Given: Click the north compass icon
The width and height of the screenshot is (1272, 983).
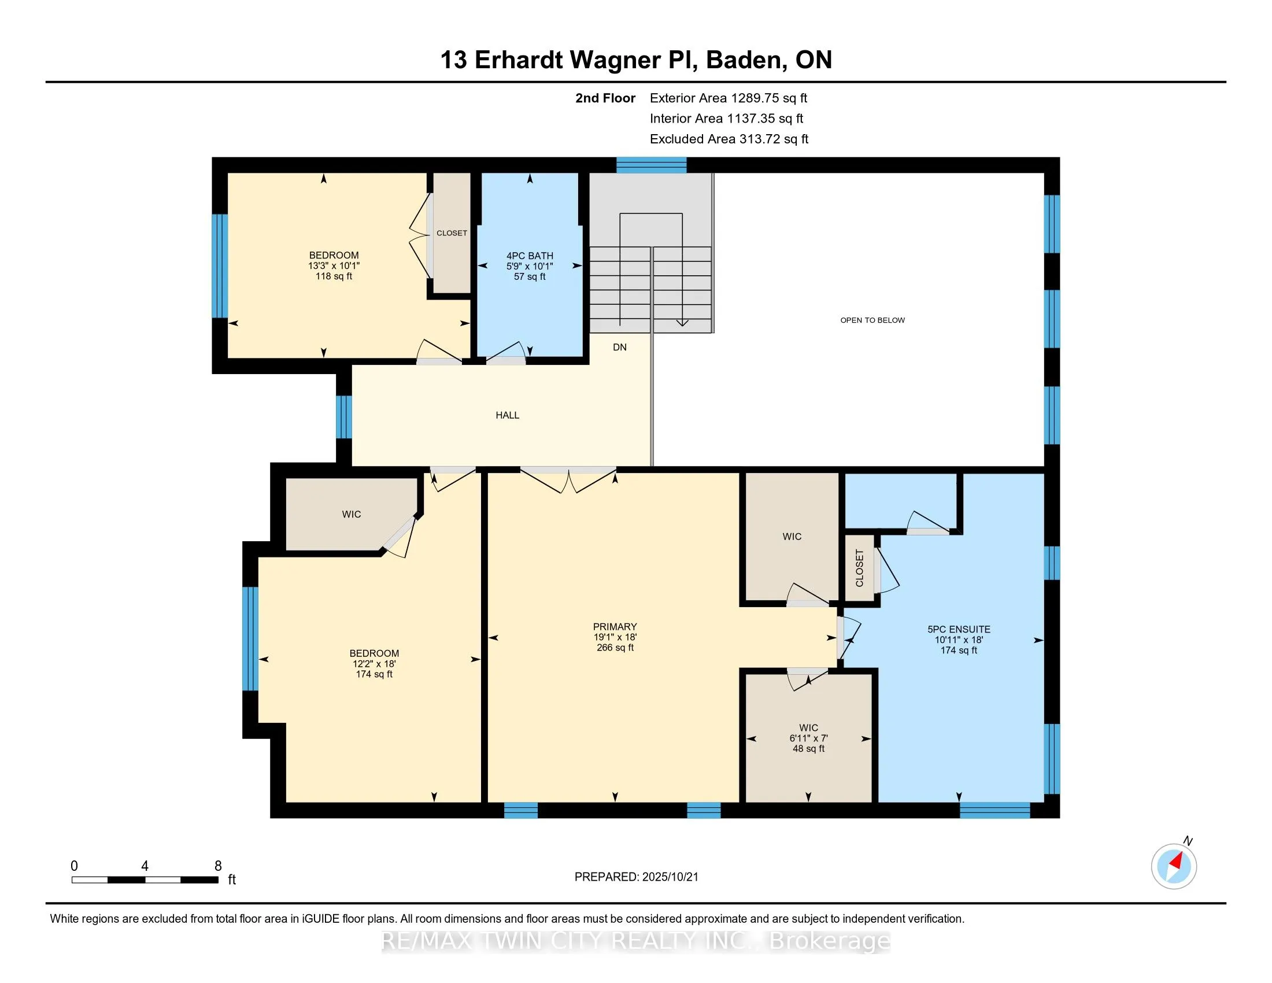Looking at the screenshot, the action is point(1174,866).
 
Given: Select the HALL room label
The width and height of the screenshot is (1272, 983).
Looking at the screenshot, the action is point(507,415).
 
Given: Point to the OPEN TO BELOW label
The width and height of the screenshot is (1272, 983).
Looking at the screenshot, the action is point(872,320).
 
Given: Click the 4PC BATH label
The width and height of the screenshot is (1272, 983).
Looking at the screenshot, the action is point(530,256).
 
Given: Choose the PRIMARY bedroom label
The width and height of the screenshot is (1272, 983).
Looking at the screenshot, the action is point(615,627).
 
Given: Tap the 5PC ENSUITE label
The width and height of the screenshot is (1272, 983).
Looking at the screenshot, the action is point(959,629).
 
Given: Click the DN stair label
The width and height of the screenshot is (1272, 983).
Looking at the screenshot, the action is point(620,347).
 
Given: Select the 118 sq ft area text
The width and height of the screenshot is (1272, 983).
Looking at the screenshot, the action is point(334,276).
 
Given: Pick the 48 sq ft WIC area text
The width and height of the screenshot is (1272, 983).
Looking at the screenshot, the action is point(808,748).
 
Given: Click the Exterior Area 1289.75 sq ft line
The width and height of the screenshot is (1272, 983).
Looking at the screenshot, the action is point(729,98).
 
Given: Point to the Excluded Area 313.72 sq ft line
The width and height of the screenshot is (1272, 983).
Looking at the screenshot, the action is point(729,139).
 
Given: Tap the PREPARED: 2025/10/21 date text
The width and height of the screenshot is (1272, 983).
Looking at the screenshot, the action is point(636,877).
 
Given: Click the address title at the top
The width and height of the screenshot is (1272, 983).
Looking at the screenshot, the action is point(636,60).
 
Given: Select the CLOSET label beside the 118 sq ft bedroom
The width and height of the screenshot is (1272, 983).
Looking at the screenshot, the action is point(452,233).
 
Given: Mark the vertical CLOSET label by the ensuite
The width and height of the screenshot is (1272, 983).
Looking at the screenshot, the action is point(860,568).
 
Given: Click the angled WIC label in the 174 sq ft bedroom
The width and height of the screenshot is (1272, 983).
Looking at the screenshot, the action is point(351,514).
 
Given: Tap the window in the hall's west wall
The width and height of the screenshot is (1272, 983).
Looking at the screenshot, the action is point(343,417).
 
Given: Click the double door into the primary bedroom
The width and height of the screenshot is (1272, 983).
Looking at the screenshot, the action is point(568,480).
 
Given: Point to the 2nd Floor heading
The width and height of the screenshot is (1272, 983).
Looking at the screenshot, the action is point(605,98).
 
